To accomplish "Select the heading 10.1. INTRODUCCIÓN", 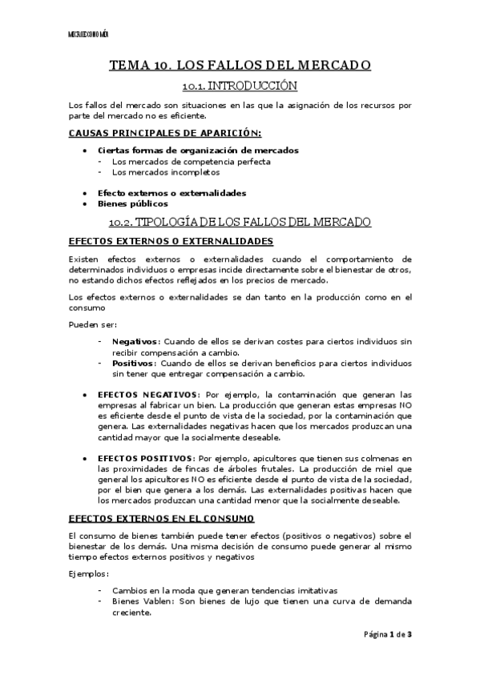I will tap(240, 85).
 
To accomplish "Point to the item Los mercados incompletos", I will tap(166, 171).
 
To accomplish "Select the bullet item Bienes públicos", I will tap(133, 203).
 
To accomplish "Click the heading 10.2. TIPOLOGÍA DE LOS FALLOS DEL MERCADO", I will tap(240, 221).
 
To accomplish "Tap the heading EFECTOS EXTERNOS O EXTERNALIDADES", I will tap(171, 241).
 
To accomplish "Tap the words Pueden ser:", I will tap(93, 324).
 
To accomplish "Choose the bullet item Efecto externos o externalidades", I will tap(171, 193).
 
